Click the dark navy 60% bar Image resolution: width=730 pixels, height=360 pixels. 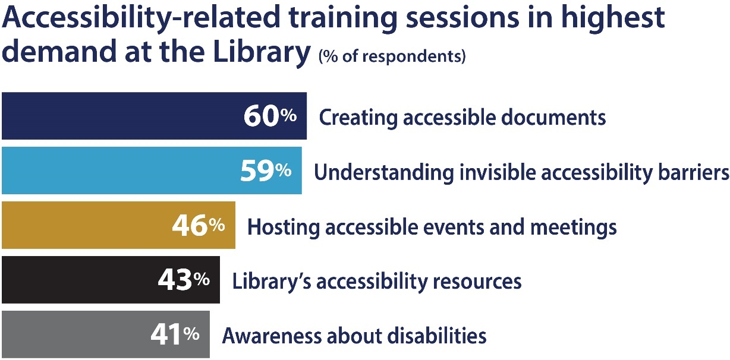119,116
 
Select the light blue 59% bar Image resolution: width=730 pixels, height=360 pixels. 119,170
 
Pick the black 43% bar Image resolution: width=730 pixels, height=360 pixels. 77,280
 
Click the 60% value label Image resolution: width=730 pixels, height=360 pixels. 270,116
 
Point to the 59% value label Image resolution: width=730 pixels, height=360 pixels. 266,171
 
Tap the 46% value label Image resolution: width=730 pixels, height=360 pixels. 199,226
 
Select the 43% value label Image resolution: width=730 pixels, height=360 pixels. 184,280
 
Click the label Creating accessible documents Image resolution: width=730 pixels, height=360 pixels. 462,117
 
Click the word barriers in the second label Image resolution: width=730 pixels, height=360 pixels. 688,172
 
